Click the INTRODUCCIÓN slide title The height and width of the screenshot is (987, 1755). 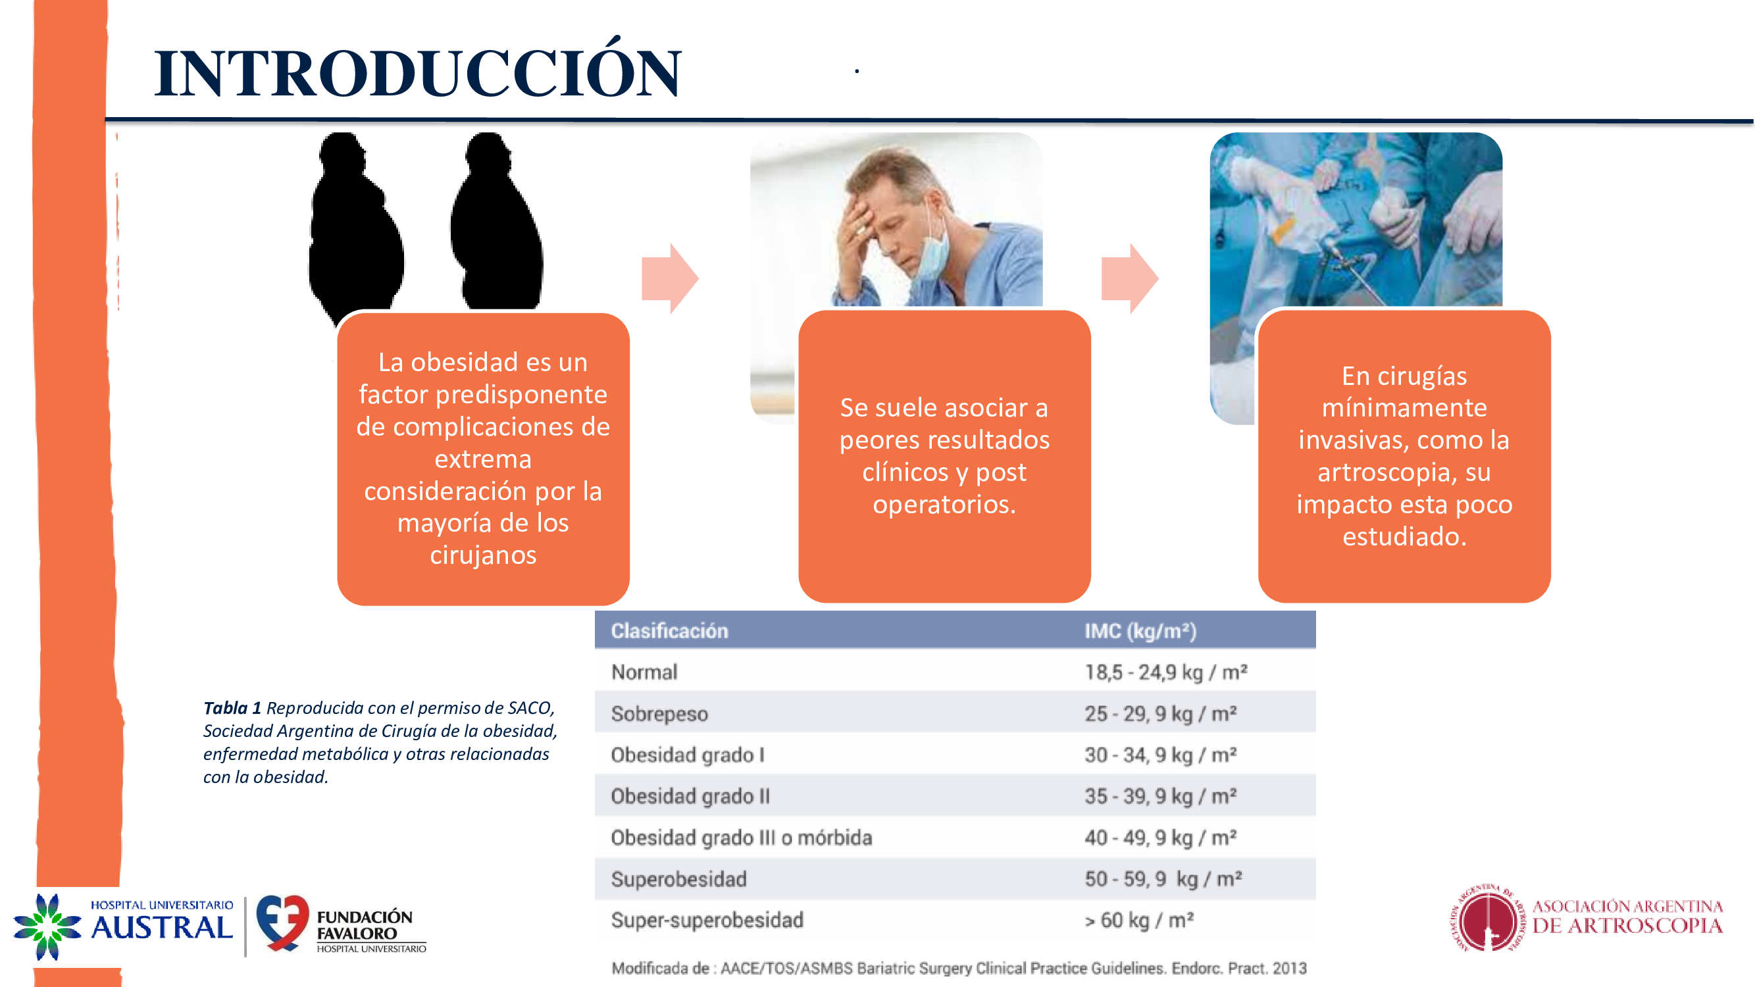tap(418, 71)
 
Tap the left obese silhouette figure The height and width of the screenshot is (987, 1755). tap(355, 225)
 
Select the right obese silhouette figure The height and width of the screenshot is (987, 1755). tap(497, 221)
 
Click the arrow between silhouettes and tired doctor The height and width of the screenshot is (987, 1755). tap(671, 278)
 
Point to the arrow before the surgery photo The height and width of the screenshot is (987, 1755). tap(1131, 278)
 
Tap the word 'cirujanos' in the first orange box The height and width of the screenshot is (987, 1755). tap(483, 555)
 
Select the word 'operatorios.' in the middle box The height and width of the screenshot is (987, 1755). tap(944, 504)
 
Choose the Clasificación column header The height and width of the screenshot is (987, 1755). tap(669, 631)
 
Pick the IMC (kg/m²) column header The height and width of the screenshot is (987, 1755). tap(1140, 631)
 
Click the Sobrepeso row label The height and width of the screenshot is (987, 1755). tap(659, 714)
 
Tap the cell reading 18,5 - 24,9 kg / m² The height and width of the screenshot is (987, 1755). tap(1166, 672)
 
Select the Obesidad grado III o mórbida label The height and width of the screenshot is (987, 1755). tap(741, 837)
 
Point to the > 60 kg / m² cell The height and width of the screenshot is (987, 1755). tap(1139, 921)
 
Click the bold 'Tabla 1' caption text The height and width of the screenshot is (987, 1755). tap(232, 708)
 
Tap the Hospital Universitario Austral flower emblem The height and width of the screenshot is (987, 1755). tap(47, 927)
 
